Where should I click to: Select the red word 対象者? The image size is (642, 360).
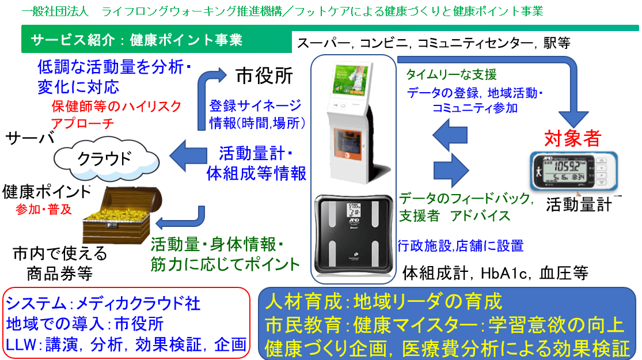coord(572,138)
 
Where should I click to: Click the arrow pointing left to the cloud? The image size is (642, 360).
coord(188,154)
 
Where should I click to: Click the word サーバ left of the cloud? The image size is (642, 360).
coord(29,138)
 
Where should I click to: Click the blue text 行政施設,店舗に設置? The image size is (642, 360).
coord(460,247)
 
